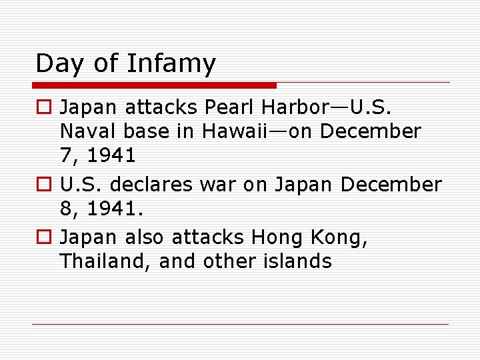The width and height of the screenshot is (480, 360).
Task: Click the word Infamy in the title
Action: (171, 64)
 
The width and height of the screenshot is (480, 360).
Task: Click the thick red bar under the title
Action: (155, 85)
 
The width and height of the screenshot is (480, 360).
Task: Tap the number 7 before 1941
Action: (65, 156)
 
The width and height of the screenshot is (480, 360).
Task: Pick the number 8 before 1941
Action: (65, 209)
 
